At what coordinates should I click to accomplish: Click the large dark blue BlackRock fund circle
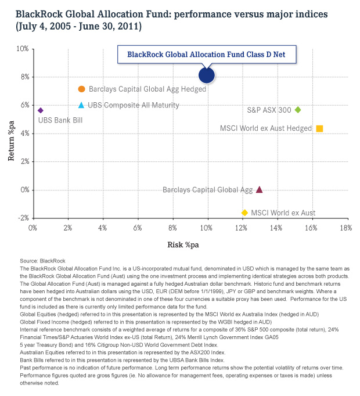207,75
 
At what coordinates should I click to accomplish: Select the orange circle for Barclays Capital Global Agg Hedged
81,89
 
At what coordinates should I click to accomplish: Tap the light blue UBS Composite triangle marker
81,105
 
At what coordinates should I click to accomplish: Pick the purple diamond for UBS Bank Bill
40,110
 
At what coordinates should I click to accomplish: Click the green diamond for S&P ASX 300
298,110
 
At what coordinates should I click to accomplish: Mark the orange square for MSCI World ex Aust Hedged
319,128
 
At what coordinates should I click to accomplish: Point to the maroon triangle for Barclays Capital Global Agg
259,189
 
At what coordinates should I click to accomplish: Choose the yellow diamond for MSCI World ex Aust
244,213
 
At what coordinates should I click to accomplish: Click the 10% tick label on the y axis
21,49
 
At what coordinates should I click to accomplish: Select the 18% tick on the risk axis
345,228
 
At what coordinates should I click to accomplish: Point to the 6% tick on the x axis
138,228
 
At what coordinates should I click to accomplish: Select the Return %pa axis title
11,134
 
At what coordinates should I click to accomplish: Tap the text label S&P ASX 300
269,110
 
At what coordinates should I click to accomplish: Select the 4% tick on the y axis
23,134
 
